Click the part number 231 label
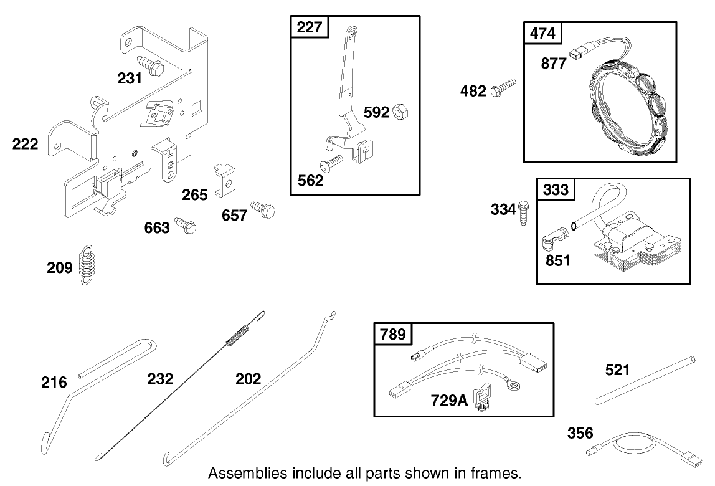(x=130, y=78)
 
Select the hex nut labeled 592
(x=399, y=113)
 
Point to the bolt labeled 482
(x=504, y=88)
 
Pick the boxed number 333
(x=556, y=189)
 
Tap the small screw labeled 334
(x=523, y=210)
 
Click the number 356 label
(x=580, y=433)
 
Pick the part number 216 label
(x=54, y=381)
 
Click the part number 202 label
(x=248, y=378)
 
